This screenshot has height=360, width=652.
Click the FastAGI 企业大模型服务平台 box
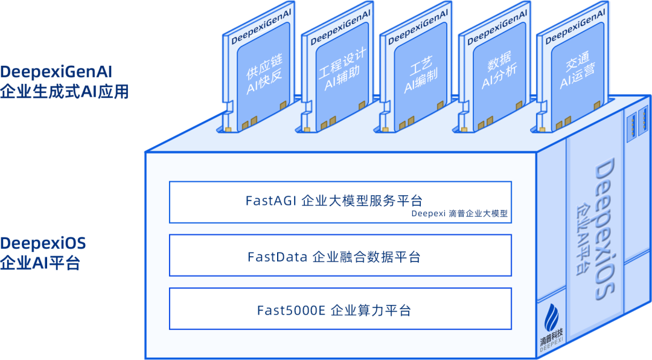click(340, 202)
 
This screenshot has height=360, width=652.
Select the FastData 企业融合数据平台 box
click(340, 257)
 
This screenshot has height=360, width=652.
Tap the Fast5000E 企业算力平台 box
click(340, 310)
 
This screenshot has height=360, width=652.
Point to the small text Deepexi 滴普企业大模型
click(459, 213)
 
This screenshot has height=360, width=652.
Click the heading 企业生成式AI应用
click(64, 92)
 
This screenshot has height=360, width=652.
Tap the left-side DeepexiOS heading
click(43, 243)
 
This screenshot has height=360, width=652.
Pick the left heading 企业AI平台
click(40, 263)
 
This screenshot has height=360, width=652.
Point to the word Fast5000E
click(291, 310)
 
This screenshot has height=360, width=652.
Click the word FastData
click(277, 257)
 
